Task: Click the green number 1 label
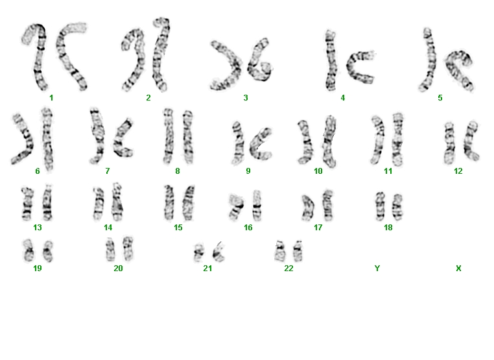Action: click(51, 98)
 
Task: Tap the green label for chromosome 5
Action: click(440, 98)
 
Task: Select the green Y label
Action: click(377, 269)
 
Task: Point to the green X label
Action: click(458, 269)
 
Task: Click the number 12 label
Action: click(458, 171)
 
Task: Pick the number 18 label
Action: click(388, 228)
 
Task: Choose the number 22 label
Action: click(288, 269)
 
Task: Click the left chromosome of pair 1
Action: click(36, 56)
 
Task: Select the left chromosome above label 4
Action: click(330, 60)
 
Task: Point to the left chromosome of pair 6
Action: click(23, 139)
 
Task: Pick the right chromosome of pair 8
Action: click(188, 137)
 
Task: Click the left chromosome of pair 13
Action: click(27, 204)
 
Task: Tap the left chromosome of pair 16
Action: click(236, 206)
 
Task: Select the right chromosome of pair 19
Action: click(48, 251)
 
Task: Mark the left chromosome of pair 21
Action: click(198, 253)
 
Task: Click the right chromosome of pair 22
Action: click(298, 251)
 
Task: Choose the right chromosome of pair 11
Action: click(397, 139)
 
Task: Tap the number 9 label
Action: click(248, 171)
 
